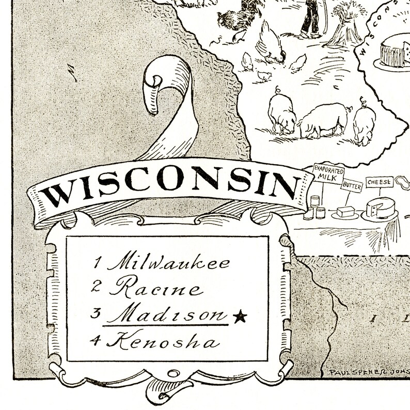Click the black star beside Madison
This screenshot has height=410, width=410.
click(x=239, y=317)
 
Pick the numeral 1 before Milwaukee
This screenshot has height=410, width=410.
click(x=97, y=263)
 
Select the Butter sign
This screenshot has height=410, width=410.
click(x=352, y=185)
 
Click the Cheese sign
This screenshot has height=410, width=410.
click(x=380, y=182)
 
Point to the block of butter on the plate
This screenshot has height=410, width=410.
click(x=345, y=211)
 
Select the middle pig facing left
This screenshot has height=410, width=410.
click(x=322, y=119)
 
